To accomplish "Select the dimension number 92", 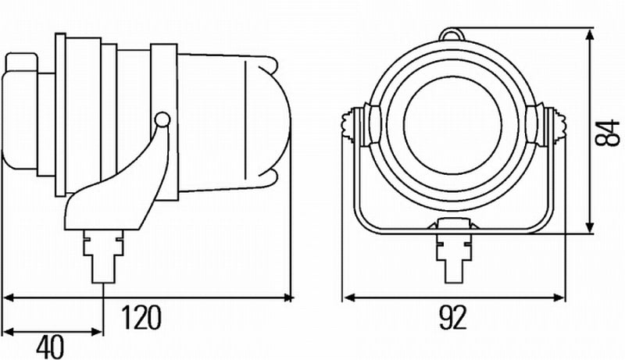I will pos(452,318).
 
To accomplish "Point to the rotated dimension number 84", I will pos(603,130).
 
